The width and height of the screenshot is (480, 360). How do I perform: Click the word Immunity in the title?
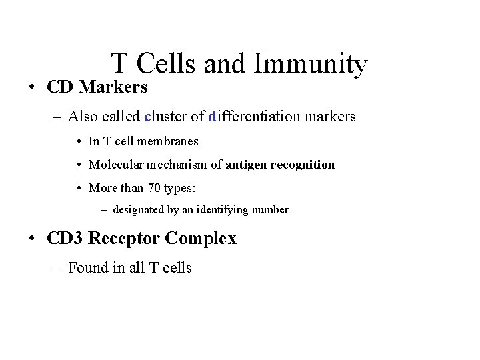[x=311, y=65]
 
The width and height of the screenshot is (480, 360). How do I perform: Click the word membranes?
[x=169, y=141]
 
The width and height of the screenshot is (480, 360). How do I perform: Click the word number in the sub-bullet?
[x=271, y=210]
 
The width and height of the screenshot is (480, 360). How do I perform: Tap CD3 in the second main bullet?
[x=65, y=238]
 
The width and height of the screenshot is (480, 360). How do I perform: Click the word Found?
[x=87, y=268]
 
